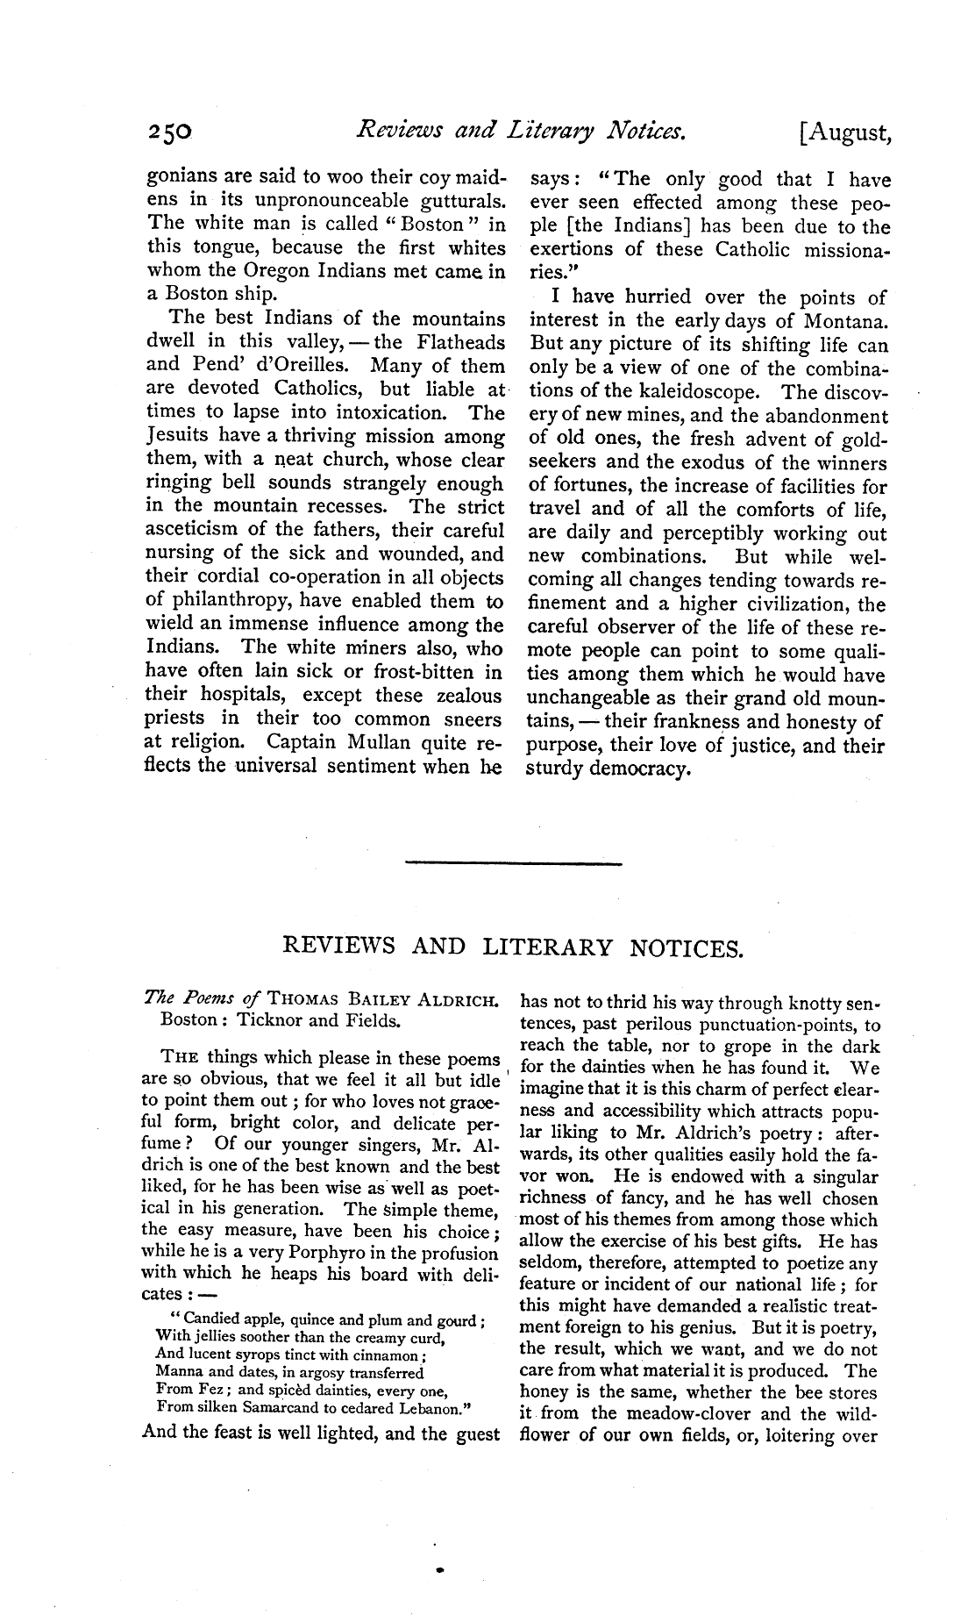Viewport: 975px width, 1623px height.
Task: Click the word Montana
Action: [x=843, y=321]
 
